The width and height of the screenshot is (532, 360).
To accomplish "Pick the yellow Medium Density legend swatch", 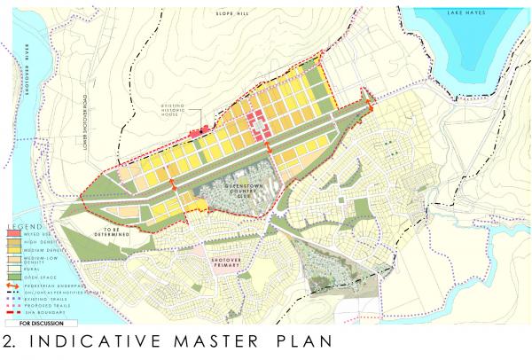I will point(15,253).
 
